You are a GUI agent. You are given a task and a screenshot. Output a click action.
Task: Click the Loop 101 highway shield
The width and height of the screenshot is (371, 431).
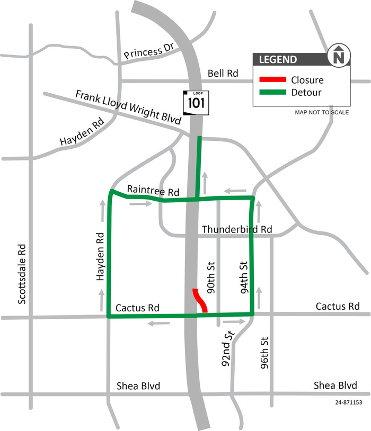tap(193, 102)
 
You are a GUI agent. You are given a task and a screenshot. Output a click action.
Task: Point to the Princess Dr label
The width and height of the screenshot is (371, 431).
tap(149, 51)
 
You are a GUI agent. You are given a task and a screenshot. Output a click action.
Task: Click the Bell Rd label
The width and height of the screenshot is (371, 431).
tap(223, 74)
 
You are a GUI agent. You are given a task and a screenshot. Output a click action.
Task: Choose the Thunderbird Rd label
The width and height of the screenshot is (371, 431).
tap(237, 230)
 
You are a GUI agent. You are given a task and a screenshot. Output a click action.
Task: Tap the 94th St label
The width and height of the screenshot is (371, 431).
tap(243, 276)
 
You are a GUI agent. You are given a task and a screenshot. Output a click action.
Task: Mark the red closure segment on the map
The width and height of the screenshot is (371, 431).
tap(200, 300)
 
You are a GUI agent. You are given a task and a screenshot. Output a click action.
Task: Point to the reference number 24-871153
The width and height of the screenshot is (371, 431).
tap(349, 403)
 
